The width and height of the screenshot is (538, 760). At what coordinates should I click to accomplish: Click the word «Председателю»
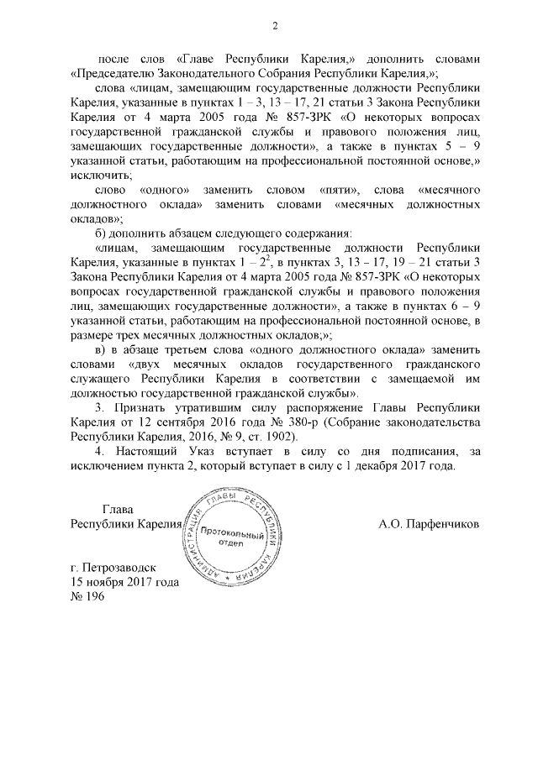point(113,73)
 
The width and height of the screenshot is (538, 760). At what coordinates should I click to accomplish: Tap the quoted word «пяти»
point(341,192)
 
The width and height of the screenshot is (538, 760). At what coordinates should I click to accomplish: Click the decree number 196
point(91,596)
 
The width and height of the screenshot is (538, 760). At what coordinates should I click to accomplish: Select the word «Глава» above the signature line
point(118,508)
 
